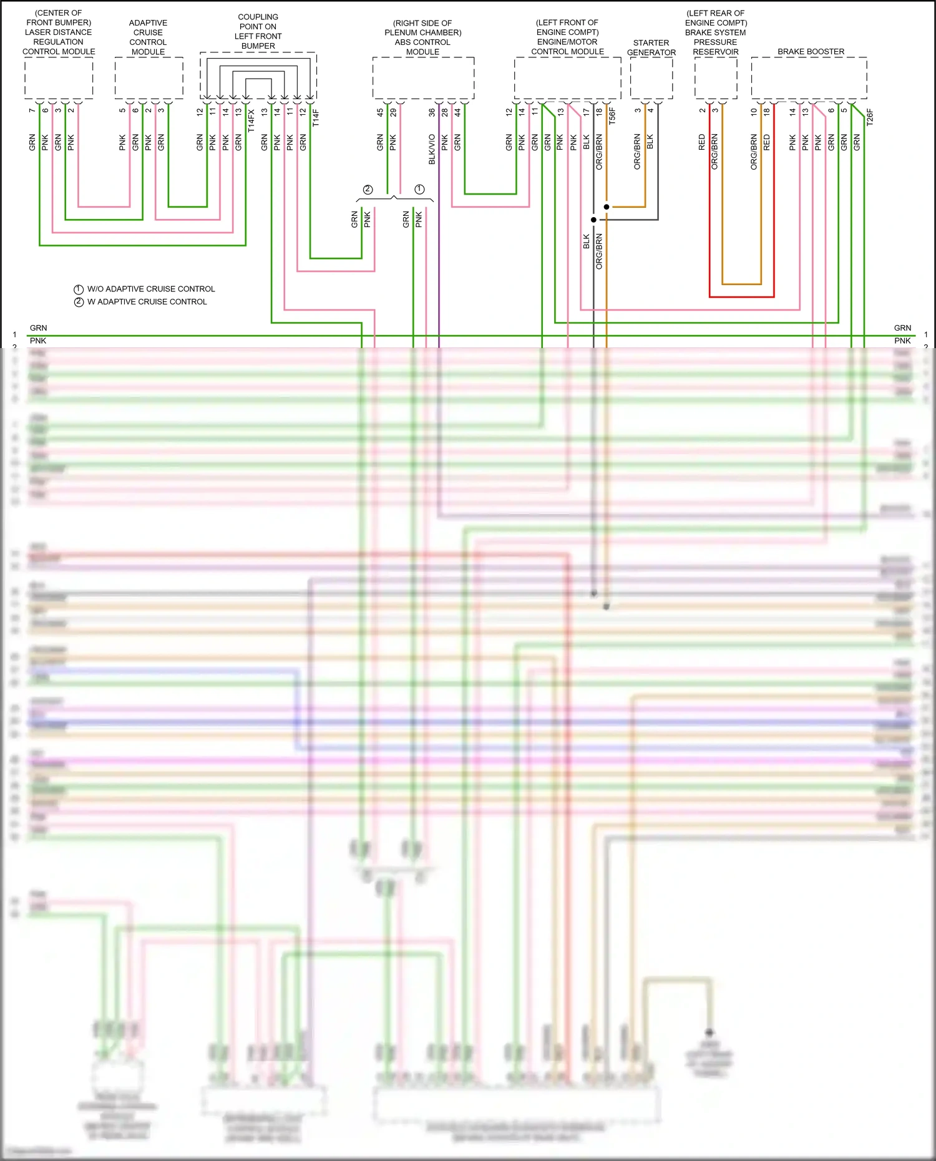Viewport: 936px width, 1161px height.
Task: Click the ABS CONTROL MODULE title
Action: (422, 42)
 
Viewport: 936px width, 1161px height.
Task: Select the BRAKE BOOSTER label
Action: (811, 52)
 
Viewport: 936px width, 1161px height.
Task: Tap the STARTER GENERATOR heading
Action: (651, 47)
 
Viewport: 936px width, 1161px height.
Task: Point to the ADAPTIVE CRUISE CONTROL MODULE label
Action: (148, 37)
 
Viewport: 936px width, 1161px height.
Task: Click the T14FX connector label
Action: (251, 120)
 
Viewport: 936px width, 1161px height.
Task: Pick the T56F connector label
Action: (612, 116)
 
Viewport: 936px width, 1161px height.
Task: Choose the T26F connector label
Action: (870, 117)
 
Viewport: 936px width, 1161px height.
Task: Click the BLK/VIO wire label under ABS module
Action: (432, 149)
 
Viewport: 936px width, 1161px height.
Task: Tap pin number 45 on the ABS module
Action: (380, 113)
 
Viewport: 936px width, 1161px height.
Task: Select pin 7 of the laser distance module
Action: (32, 110)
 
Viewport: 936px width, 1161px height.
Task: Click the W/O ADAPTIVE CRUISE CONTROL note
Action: (150, 289)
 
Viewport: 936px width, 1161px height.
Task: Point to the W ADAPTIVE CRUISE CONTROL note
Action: (147, 302)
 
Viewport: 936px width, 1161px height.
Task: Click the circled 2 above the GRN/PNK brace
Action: (368, 190)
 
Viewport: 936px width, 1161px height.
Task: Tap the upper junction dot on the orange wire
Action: (607, 206)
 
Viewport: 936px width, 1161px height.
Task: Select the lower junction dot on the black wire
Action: (593, 220)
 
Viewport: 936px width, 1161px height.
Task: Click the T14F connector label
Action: (316, 118)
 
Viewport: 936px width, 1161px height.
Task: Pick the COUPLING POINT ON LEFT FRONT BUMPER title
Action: (258, 31)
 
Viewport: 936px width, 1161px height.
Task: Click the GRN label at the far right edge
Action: (902, 328)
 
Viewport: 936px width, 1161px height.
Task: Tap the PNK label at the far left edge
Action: (38, 341)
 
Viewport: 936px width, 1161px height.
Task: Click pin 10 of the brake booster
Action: (754, 112)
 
